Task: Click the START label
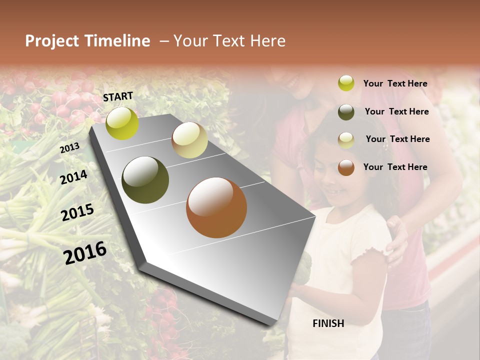118,96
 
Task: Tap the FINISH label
328,323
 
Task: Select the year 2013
69,148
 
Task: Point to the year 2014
73,177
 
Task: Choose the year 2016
85,253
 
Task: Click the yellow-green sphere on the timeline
122,123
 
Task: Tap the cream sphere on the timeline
189,140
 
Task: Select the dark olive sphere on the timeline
145,180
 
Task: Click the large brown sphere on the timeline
216,207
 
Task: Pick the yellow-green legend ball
346,83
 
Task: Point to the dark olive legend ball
346,111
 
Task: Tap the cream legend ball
346,139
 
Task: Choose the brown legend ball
346,167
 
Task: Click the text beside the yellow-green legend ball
395,83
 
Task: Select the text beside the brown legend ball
395,167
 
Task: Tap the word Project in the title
52,41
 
